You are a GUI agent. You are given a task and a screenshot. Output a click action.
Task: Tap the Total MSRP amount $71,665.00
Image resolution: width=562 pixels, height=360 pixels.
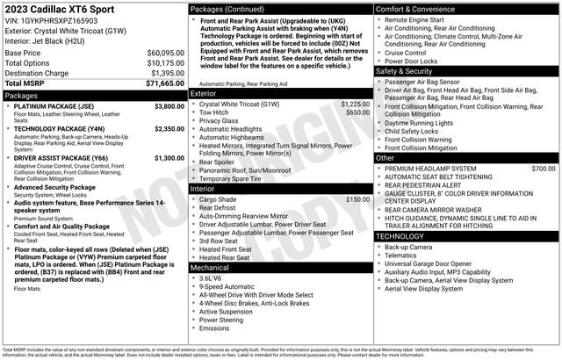click(x=164, y=83)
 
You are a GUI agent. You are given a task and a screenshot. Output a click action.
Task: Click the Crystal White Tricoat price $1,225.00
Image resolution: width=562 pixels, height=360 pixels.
click(x=355, y=104)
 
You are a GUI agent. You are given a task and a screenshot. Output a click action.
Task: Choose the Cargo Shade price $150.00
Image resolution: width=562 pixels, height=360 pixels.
click(x=357, y=199)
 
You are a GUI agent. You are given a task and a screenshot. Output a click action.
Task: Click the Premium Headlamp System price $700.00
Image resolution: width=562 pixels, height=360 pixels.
click(x=543, y=168)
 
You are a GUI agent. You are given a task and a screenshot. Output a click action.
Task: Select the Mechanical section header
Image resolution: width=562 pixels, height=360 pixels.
click(x=210, y=267)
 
